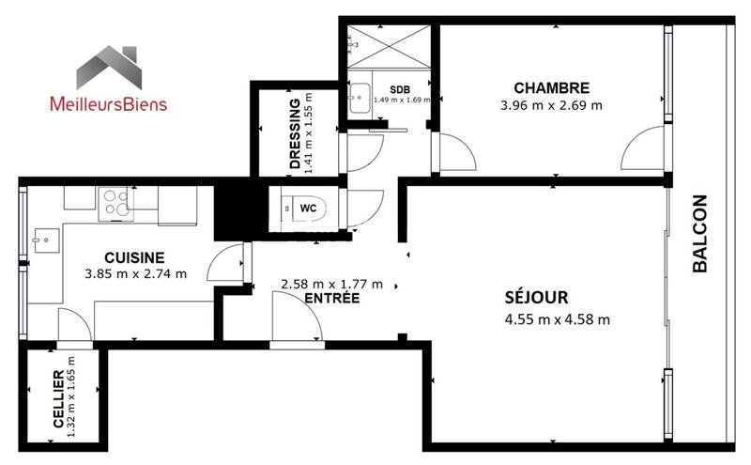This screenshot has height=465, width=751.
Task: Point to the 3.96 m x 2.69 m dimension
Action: (551, 105)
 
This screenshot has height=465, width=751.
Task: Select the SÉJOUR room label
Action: (535, 299)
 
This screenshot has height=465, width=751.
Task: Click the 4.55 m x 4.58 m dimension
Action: (557, 319)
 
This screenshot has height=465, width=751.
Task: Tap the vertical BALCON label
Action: (699, 233)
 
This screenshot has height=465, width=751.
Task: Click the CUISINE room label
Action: (134, 256)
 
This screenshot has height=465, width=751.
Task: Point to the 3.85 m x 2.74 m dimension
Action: (135, 274)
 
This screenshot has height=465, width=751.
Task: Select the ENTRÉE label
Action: (331, 299)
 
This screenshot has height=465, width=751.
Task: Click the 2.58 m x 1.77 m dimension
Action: (331, 283)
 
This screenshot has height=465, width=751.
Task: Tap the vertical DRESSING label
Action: (296, 133)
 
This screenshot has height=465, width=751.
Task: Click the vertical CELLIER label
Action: (58, 398)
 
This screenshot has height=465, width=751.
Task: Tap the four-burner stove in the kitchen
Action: (116, 200)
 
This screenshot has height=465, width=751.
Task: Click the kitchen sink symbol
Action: (42, 240)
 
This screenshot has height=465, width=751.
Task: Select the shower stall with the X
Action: (388, 45)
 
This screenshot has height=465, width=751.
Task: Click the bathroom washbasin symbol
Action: (359, 97)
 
